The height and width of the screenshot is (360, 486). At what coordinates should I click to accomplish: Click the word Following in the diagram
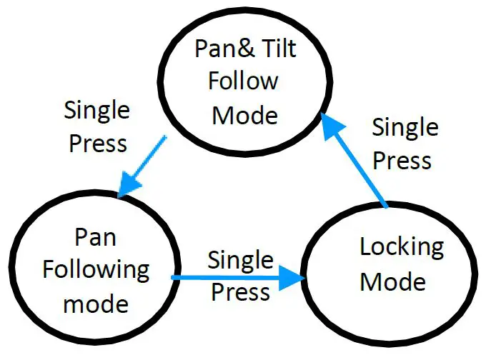(96, 271)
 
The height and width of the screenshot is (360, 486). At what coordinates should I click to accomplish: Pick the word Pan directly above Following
(96, 237)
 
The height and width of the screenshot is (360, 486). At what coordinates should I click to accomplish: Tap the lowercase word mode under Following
(96, 304)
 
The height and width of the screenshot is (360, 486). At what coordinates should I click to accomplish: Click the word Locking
(401, 247)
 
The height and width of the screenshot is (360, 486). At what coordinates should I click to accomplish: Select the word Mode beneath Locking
(392, 281)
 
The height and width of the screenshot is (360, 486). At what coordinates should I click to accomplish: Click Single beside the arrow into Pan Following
(97, 111)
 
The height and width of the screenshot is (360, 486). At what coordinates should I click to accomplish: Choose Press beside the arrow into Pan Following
(97, 143)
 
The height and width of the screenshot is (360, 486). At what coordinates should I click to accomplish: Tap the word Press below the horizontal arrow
(241, 292)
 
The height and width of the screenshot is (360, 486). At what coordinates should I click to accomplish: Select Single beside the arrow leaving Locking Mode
(405, 128)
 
